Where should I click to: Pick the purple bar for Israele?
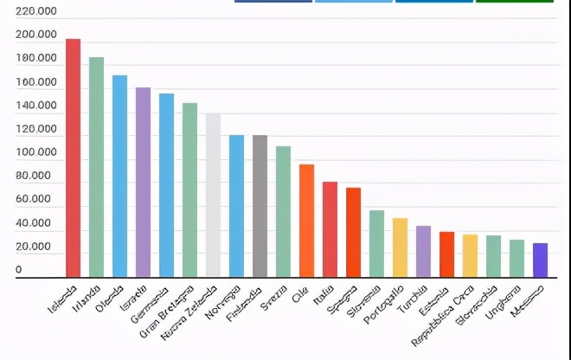pyautogui.click(x=143, y=182)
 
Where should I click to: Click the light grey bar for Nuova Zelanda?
pyautogui.click(x=213, y=195)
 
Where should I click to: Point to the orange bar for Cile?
pyautogui.click(x=306, y=221)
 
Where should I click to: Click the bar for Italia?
pyautogui.click(x=330, y=229)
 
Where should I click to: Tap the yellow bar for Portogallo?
pyautogui.click(x=400, y=247)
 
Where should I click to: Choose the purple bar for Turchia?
pyautogui.click(x=423, y=251)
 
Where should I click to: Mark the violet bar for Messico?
pyautogui.click(x=540, y=260)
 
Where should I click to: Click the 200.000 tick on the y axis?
pyautogui.click(x=36, y=35)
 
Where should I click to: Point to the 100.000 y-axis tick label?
pyautogui.click(x=36, y=153)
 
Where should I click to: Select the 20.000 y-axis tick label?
pyautogui.click(x=36, y=247)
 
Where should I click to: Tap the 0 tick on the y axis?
pyautogui.click(x=19, y=271)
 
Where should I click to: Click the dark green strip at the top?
pyautogui.click(x=514, y=2)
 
